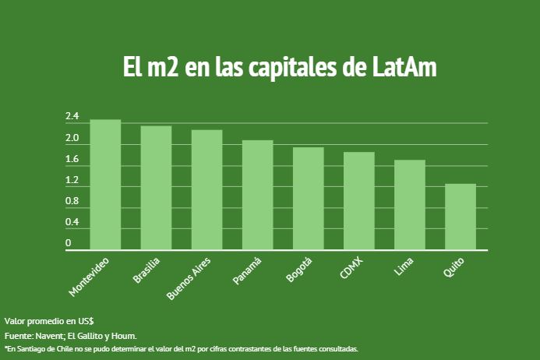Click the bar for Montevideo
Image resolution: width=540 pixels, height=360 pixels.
(x=105, y=185)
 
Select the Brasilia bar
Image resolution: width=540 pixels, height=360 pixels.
(x=156, y=189)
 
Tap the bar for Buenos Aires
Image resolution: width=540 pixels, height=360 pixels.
(x=206, y=190)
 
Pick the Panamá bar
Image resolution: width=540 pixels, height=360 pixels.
(x=257, y=196)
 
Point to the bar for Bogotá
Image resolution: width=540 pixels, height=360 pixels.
(x=308, y=199)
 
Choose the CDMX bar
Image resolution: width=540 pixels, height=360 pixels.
(x=358, y=201)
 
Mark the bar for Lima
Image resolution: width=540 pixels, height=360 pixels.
(x=410, y=205)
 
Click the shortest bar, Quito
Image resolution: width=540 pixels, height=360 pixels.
(x=460, y=217)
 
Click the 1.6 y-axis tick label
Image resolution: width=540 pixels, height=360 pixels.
(x=72, y=160)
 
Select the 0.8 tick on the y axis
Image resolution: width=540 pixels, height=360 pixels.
(x=72, y=202)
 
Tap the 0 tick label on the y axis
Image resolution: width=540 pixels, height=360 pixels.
(x=69, y=243)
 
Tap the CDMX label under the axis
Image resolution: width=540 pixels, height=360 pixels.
(x=351, y=265)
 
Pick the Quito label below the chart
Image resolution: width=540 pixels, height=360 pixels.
(x=454, y=266)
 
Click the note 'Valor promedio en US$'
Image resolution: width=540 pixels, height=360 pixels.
(x=49, y=321)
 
